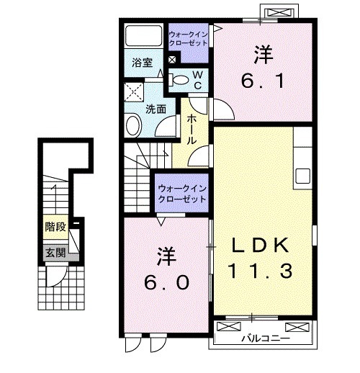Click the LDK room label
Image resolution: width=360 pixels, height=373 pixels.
click(x=261, y=246)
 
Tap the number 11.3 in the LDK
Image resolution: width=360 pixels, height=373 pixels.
click(x=261, y=272)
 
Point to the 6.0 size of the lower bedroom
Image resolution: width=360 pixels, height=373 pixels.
click(x=166, y=282)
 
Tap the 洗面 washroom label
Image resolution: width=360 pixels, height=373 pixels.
click(x=156, y=109)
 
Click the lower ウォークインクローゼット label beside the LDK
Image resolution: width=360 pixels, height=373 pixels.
click(x=182, y=192)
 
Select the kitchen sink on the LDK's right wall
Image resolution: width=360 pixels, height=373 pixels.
click(x=302, y=175)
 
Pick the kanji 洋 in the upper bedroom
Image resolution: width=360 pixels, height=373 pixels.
click(x=262, y=53)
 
